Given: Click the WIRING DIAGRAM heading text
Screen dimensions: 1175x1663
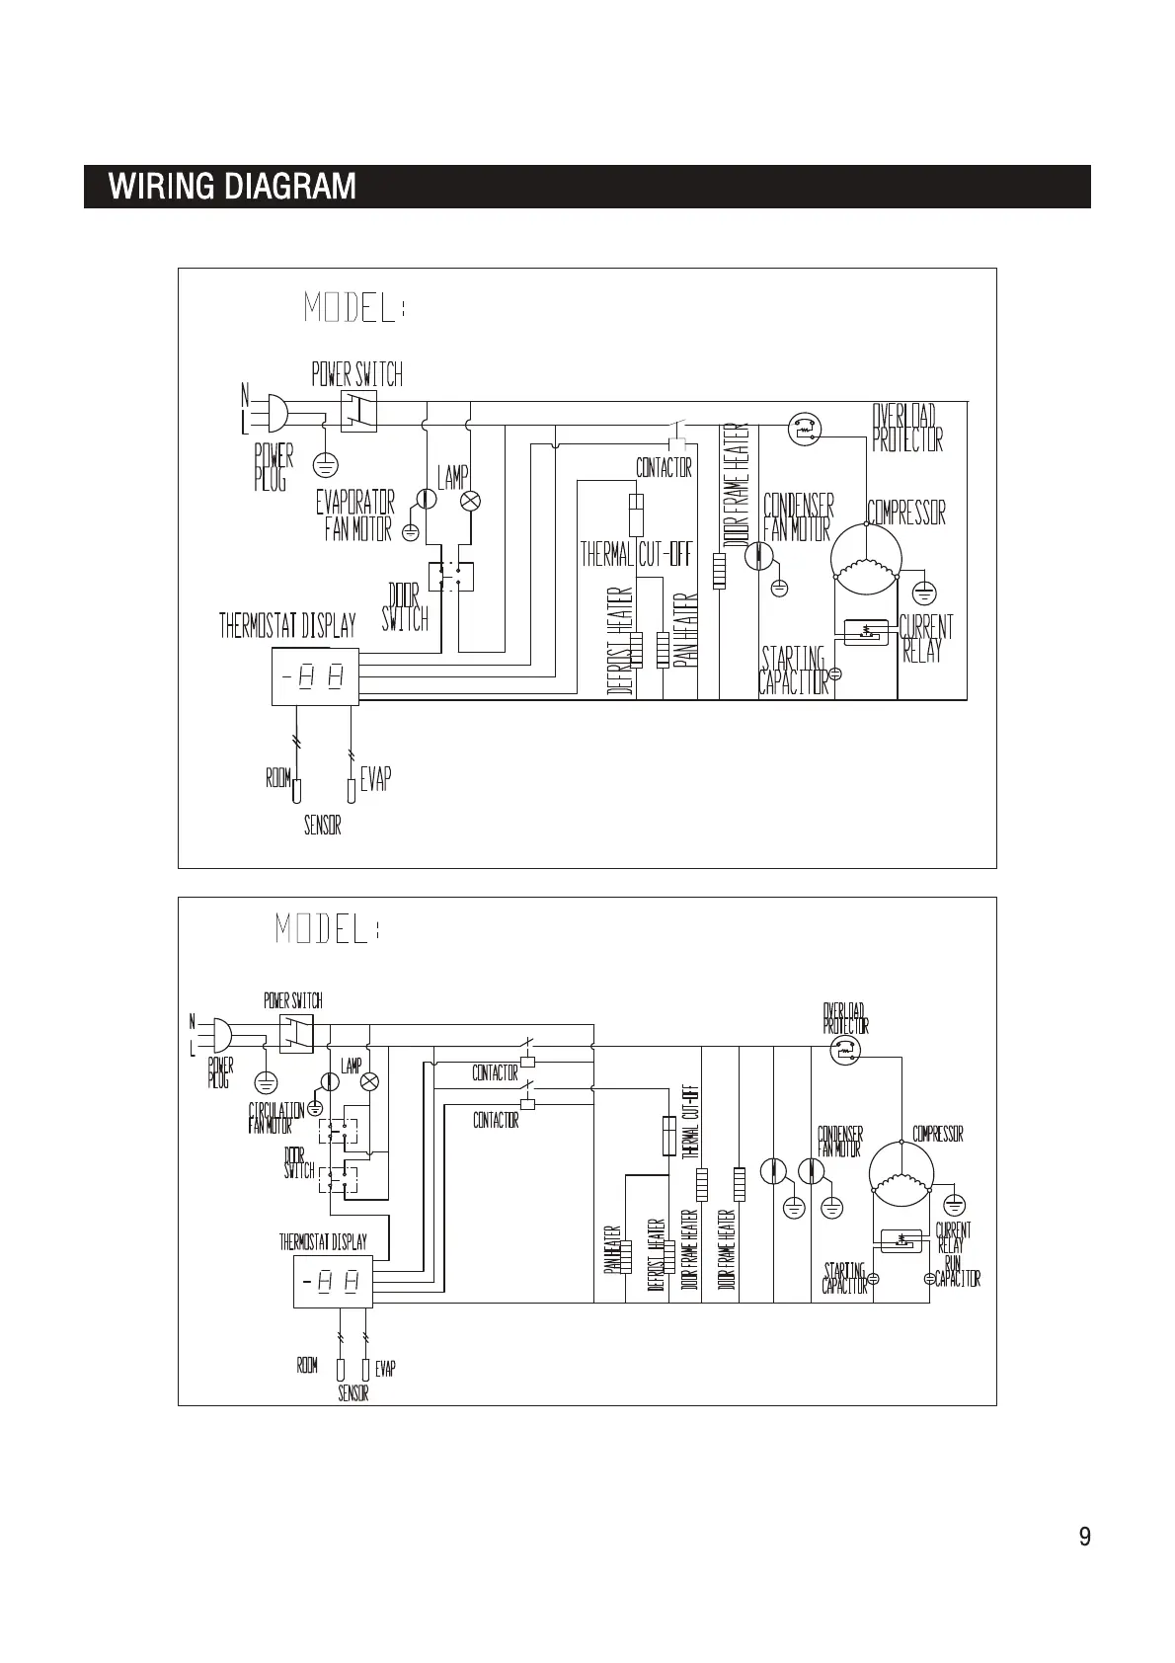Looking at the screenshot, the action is [x=232, y=187].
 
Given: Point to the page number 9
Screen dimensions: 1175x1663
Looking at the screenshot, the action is [x=1084, y=1537].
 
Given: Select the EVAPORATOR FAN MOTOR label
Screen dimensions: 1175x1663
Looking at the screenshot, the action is [x=355, y=515].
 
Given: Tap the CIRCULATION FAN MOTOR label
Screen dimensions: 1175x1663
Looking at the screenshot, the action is [x=275, y=1118].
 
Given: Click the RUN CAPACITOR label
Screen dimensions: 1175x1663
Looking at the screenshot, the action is [x=956, y=1271].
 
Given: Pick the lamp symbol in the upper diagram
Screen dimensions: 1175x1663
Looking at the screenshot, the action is [x=470, y=501].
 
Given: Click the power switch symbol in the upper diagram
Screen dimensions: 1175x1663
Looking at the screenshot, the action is [x=358, y=411].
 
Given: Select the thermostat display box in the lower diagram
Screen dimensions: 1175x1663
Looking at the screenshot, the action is [x=332, y=1282].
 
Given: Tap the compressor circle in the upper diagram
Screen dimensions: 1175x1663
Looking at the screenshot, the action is [x=865, y=557].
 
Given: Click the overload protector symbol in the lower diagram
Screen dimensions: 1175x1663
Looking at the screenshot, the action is [x=844, y=1050].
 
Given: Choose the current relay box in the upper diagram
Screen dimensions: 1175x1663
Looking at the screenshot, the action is [x=866, y=631].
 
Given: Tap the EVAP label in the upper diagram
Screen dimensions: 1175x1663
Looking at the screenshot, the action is [x=375, y=779].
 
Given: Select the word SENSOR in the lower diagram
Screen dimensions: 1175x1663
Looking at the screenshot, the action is [x=352, y=1393].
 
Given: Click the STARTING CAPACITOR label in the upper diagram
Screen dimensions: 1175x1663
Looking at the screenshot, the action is [x=793, y=670].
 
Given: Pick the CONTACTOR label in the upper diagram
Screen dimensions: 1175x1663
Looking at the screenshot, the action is [x=664, y=468].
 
